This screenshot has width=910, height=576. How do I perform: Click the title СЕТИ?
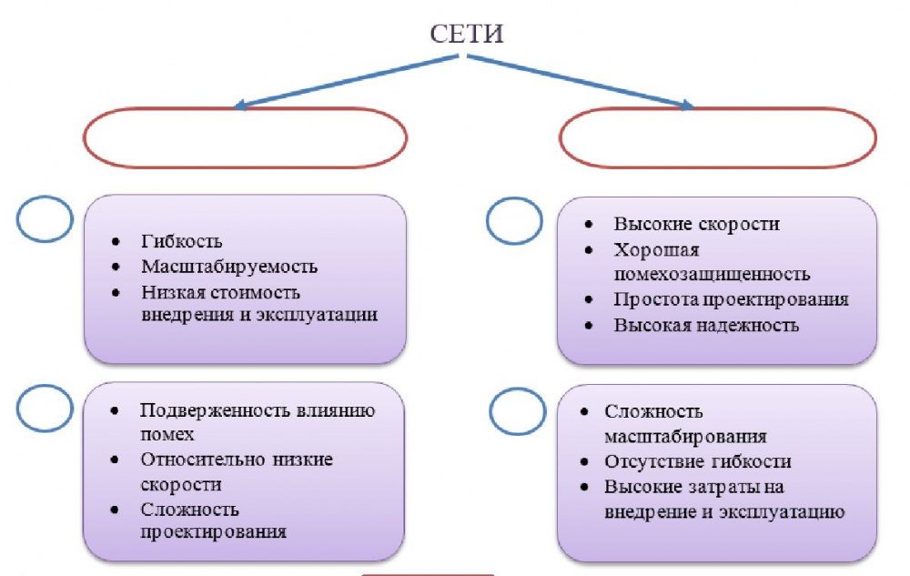467,35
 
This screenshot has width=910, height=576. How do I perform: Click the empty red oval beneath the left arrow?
245,138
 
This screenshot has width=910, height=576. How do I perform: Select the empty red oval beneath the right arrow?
718,138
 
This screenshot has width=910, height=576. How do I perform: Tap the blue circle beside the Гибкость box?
45,219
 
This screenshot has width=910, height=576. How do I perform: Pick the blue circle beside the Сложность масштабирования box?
518,412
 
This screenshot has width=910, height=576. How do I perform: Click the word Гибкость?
182,242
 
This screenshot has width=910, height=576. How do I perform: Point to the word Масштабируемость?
229,267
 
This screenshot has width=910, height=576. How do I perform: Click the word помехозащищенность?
712,274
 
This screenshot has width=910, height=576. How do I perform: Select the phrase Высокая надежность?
706,325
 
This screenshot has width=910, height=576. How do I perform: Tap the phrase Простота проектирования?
731,299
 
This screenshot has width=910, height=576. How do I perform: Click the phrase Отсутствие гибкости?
698,461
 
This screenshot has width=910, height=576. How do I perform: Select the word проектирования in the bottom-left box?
214,532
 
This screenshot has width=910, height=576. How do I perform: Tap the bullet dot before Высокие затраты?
588,487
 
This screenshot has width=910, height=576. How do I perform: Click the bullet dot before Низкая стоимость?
116,293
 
